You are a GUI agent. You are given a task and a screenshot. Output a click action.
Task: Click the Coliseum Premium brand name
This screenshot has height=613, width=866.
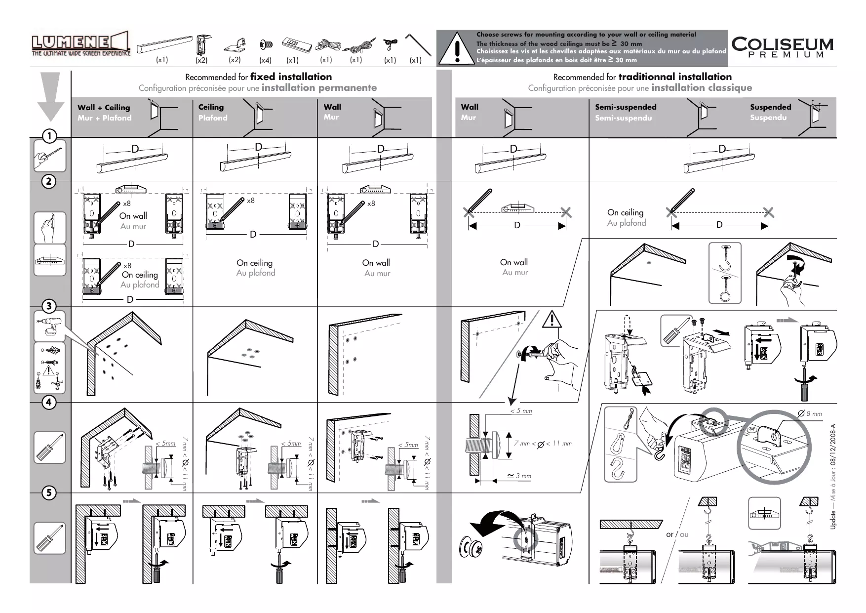[782, 47]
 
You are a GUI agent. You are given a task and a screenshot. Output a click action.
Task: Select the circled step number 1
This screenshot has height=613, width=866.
[49, 136]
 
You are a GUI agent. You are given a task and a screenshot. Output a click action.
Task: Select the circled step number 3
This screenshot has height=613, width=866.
[49, 306]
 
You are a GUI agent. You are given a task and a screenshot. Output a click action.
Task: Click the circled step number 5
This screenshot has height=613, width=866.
[49, 492]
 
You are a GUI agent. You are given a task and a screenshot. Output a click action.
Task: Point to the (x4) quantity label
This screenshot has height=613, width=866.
[265, 60]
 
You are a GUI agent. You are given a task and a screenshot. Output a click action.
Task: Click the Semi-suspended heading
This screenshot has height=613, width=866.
[626, 107]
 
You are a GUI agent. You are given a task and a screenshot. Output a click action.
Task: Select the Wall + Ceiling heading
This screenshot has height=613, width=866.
[104, 108]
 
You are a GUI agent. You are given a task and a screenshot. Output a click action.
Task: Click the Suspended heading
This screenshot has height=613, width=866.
[770, 107]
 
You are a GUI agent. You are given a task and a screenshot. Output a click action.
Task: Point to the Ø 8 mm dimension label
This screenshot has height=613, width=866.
[810, 414]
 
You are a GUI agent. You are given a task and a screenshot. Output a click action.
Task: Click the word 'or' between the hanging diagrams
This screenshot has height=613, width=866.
[669, 534]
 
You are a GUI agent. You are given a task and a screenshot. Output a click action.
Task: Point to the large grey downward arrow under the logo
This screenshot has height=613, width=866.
[50, 97]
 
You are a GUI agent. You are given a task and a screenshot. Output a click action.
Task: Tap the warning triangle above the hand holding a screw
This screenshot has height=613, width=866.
[551, 320]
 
